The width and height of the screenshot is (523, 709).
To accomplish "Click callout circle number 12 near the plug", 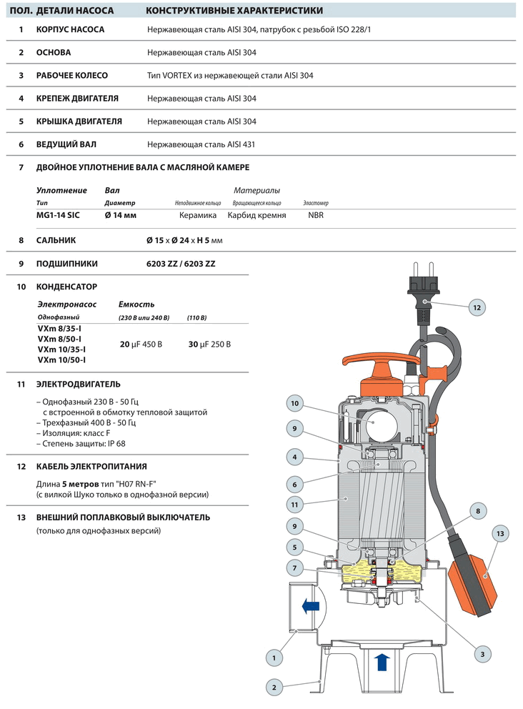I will point(477,307).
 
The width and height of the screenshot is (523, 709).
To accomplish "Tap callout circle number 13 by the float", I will point(501,533).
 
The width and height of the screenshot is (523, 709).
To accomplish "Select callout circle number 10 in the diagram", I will point(295,404).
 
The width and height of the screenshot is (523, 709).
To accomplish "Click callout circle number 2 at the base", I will point(274,688).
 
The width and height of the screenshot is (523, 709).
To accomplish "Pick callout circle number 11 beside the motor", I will point(294,504).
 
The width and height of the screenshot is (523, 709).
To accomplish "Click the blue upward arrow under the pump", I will point(382,661).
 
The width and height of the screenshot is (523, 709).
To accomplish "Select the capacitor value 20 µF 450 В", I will point(141,344).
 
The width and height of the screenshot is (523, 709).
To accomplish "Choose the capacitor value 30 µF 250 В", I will point(209,344).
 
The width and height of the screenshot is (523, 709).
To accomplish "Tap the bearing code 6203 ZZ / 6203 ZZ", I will point(181,264).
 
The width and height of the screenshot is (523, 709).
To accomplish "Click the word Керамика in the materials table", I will point(196,214).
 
